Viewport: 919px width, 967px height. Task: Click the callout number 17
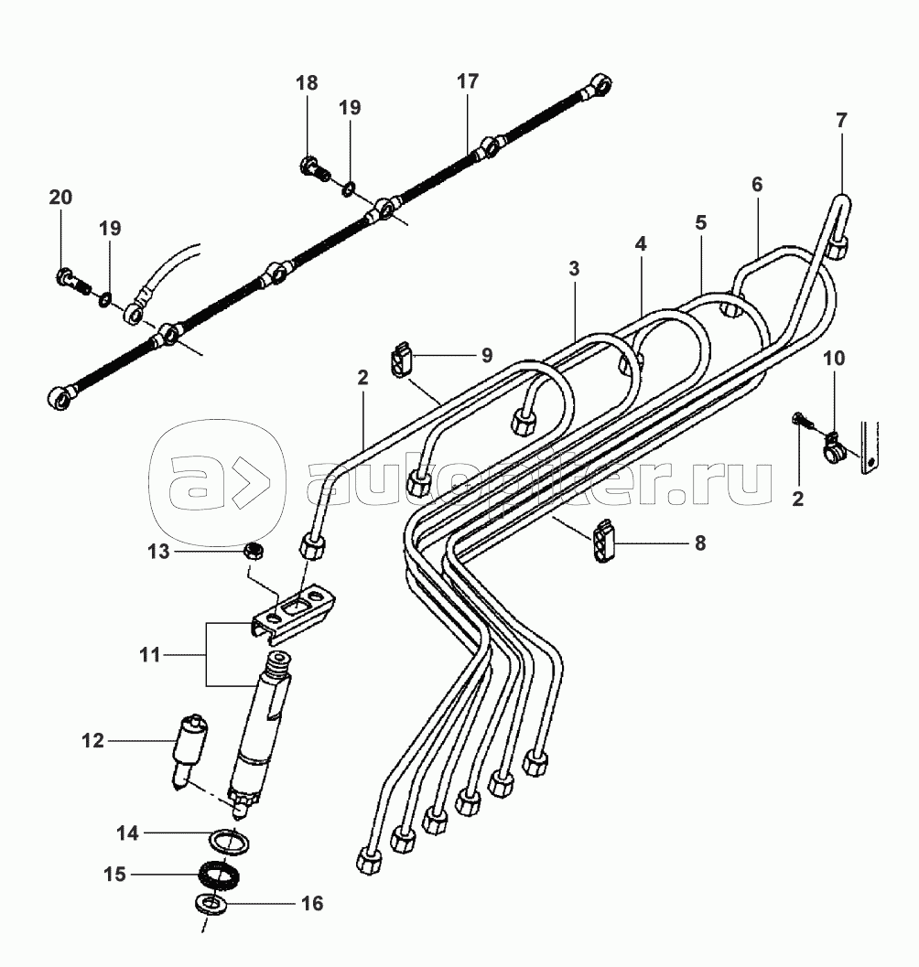(x=468, y=81)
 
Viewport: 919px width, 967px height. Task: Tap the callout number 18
(x=307, y=82)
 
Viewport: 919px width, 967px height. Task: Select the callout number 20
(x=60, y=198)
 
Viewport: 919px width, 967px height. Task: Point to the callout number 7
(x=842, y=120)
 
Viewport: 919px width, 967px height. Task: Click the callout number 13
(x=158, y=551)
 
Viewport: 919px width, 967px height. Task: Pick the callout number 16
(x=312, y=904)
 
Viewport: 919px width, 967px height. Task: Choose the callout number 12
(x=92, y=741)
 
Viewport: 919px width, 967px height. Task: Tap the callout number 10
(x=834, y=359)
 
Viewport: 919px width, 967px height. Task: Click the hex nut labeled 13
(x=253, y=549)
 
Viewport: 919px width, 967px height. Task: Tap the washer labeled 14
(x=232, y=843)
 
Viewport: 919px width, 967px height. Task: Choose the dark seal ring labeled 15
(x=219, y=876)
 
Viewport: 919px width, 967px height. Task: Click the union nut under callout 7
(x=839, y=250)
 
